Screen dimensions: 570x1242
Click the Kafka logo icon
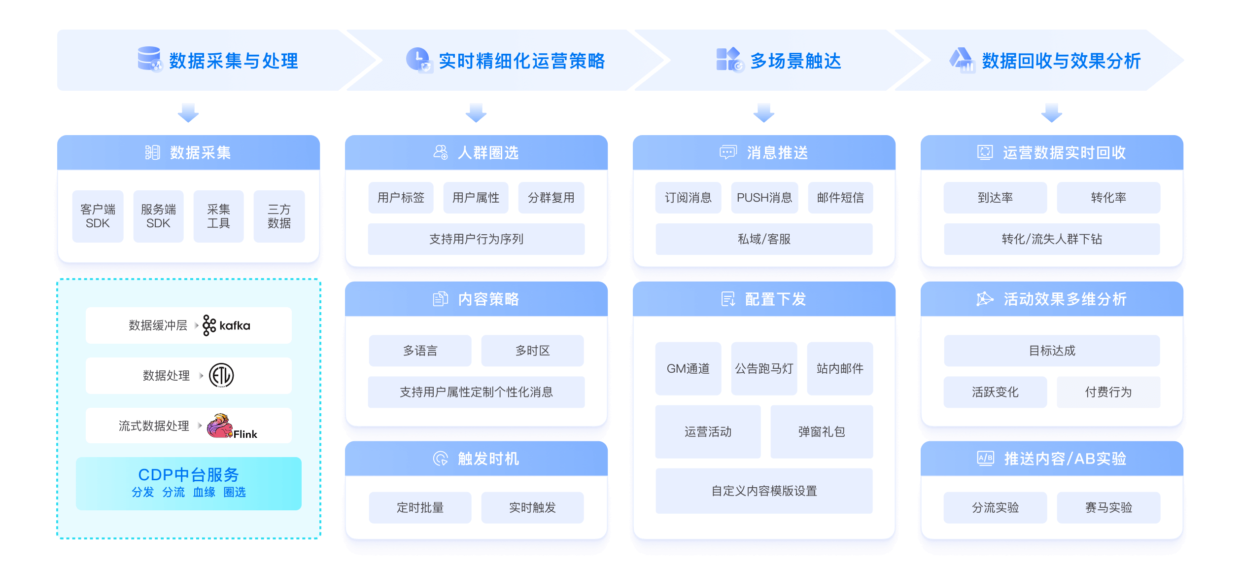(209, 325)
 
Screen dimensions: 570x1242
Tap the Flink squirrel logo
(220, 426)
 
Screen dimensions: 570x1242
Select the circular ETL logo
(221, 376)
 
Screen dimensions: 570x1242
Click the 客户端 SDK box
(98, 216)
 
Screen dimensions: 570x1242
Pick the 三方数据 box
(279, 216)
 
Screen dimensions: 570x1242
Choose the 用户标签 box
(401, 198)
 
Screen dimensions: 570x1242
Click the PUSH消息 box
(764, 198)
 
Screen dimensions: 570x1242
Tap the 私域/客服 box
(764, 239)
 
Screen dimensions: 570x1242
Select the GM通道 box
(688, 369)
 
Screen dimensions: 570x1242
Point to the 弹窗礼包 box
(822, 432)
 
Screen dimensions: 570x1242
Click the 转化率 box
(1108, 198)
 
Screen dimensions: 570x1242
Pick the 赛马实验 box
(1108, 507)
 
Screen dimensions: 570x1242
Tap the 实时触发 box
(532, 507)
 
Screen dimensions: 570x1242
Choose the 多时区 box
(532, 351)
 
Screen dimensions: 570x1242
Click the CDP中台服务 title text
(188, 474)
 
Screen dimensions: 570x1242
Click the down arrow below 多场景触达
(764, 112)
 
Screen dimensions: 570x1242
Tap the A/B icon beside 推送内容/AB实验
(985, 459)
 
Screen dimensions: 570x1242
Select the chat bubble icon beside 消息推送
(728, 152)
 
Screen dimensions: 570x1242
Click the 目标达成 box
(1052, 351)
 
